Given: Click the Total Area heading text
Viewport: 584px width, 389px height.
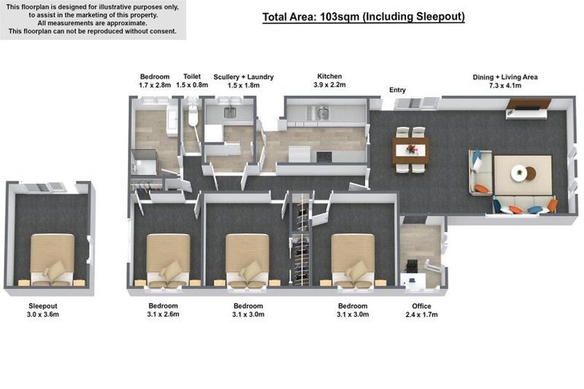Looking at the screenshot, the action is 363,17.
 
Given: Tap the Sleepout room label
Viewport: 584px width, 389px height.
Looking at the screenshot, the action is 43,306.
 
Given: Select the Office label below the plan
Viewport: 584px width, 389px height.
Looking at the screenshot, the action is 421,306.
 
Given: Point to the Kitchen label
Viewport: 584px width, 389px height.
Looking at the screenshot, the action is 329,76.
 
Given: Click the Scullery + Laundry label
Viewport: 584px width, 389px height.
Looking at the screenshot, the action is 243,77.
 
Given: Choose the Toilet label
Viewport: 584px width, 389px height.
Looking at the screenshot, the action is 192,76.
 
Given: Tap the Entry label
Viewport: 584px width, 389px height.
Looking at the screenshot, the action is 398,90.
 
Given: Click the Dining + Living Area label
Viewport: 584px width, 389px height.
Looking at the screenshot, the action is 505,77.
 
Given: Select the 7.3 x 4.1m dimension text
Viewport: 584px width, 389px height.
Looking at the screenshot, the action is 505,86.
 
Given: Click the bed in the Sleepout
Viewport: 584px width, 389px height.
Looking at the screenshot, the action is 52,260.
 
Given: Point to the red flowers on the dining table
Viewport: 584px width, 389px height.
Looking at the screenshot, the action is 411,149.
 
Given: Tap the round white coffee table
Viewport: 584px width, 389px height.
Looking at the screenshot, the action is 519,173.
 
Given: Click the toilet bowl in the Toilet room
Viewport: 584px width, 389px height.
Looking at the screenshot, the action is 192,115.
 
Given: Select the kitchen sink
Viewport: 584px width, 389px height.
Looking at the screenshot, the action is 322,112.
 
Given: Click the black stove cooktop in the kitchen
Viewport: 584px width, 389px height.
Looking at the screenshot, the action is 324,157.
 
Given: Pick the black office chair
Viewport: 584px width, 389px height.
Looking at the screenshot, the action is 412,266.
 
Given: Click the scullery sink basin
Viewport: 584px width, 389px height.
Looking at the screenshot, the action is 230,112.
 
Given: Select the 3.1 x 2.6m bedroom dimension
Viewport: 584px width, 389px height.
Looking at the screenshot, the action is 163,315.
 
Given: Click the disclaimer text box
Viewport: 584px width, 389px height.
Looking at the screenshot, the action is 93,19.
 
